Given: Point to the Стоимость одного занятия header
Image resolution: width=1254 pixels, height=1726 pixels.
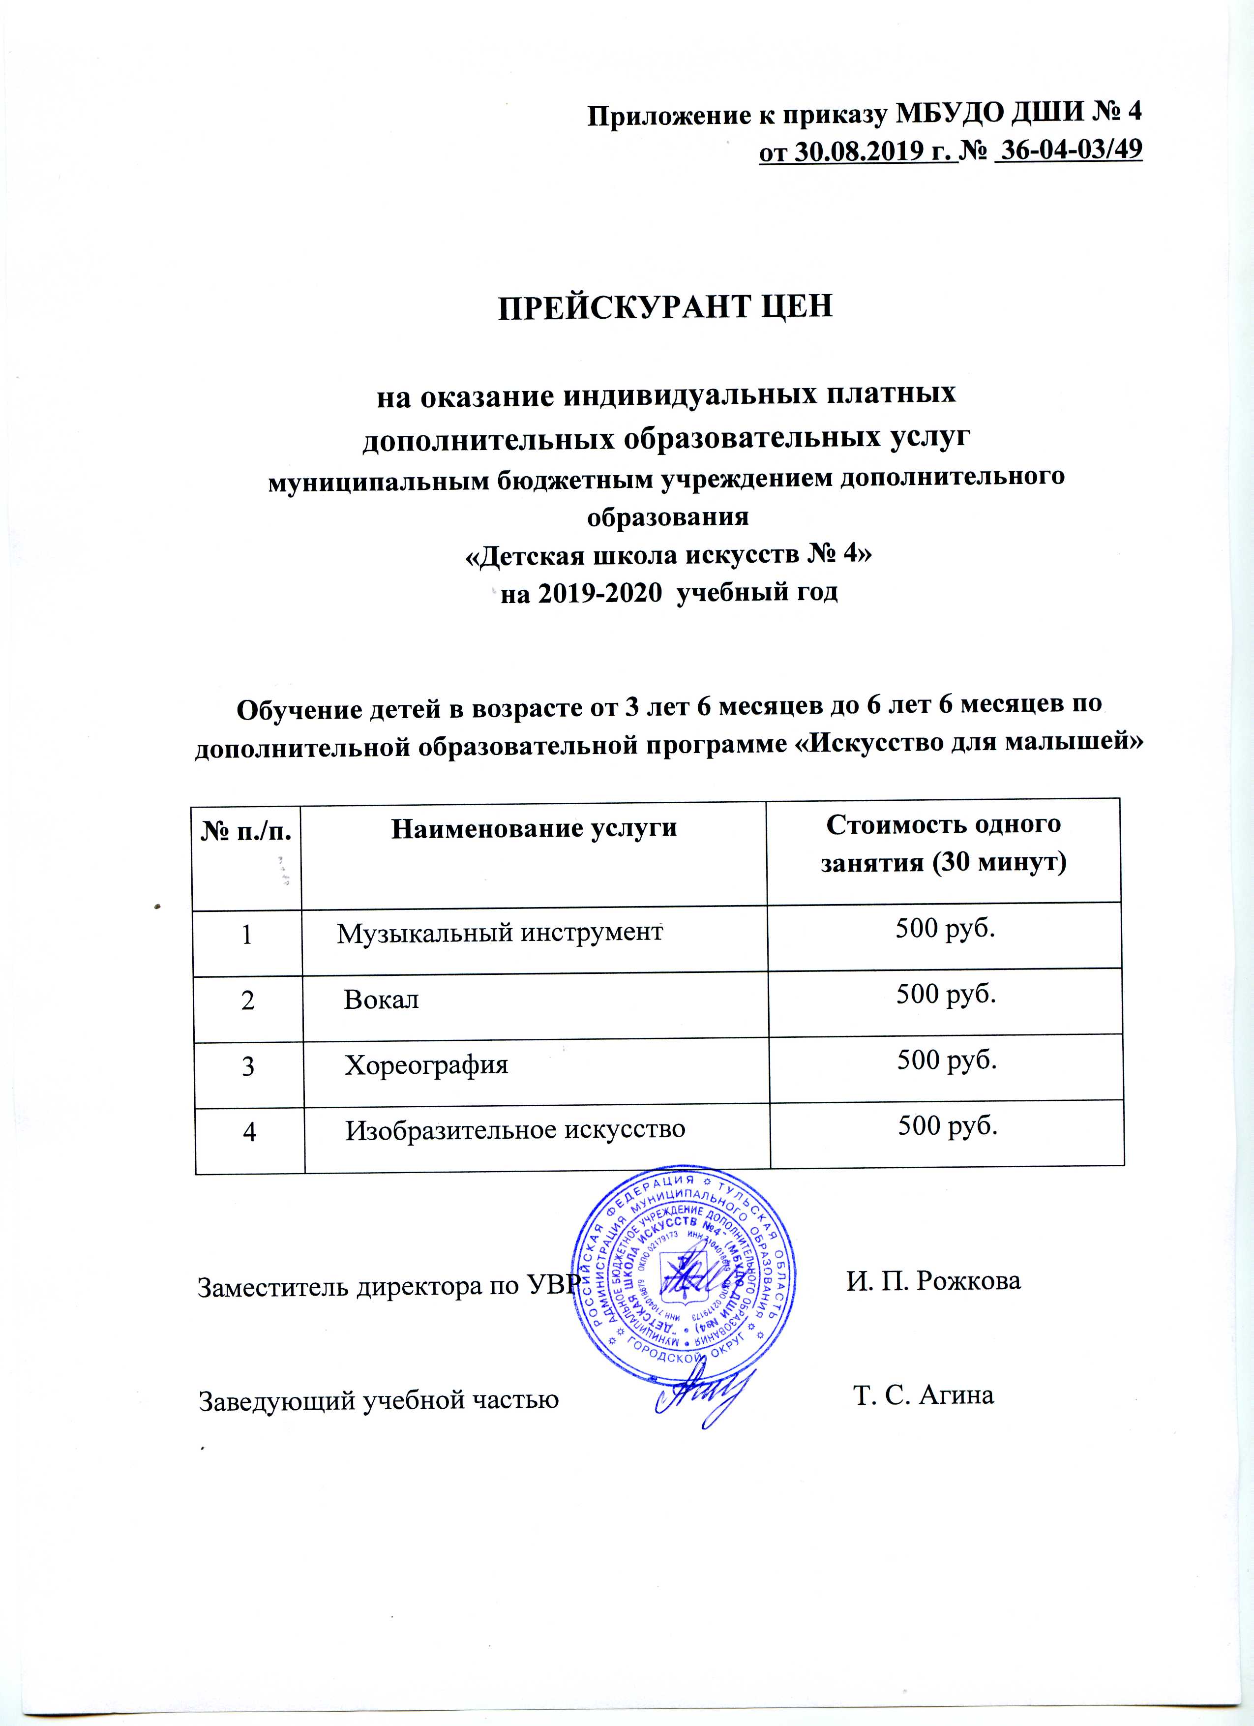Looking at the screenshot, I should tap(944, 844).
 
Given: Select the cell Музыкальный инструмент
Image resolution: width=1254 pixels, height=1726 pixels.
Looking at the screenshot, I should tap(499, 933).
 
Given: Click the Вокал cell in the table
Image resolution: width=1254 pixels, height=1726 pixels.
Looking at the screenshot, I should tap(381, 999).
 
